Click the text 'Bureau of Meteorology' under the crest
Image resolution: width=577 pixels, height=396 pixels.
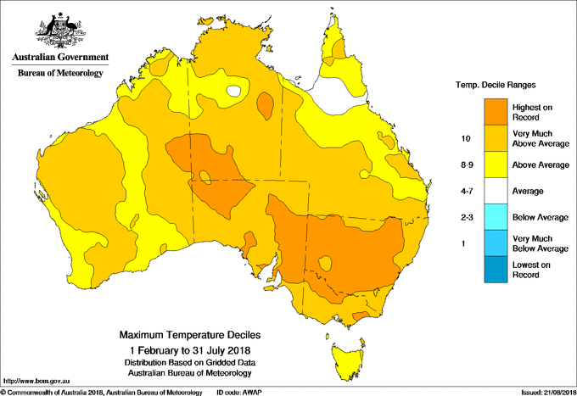tap(60, 74)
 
